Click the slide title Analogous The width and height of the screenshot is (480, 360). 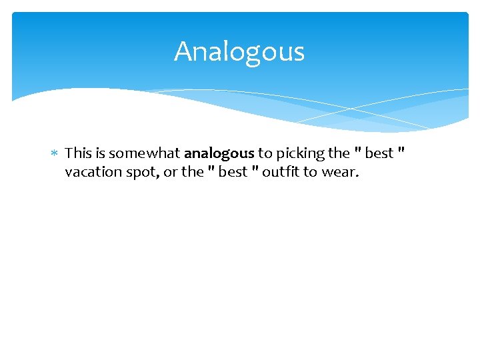coord(239,52)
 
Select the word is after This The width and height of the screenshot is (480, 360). coord(99,153)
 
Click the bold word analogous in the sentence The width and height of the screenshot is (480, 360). coord(219,153)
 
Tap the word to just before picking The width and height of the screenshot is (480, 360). coord(265,154)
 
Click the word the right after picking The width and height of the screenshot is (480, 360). coord(339,153)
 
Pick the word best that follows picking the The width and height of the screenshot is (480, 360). coord(379,153)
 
